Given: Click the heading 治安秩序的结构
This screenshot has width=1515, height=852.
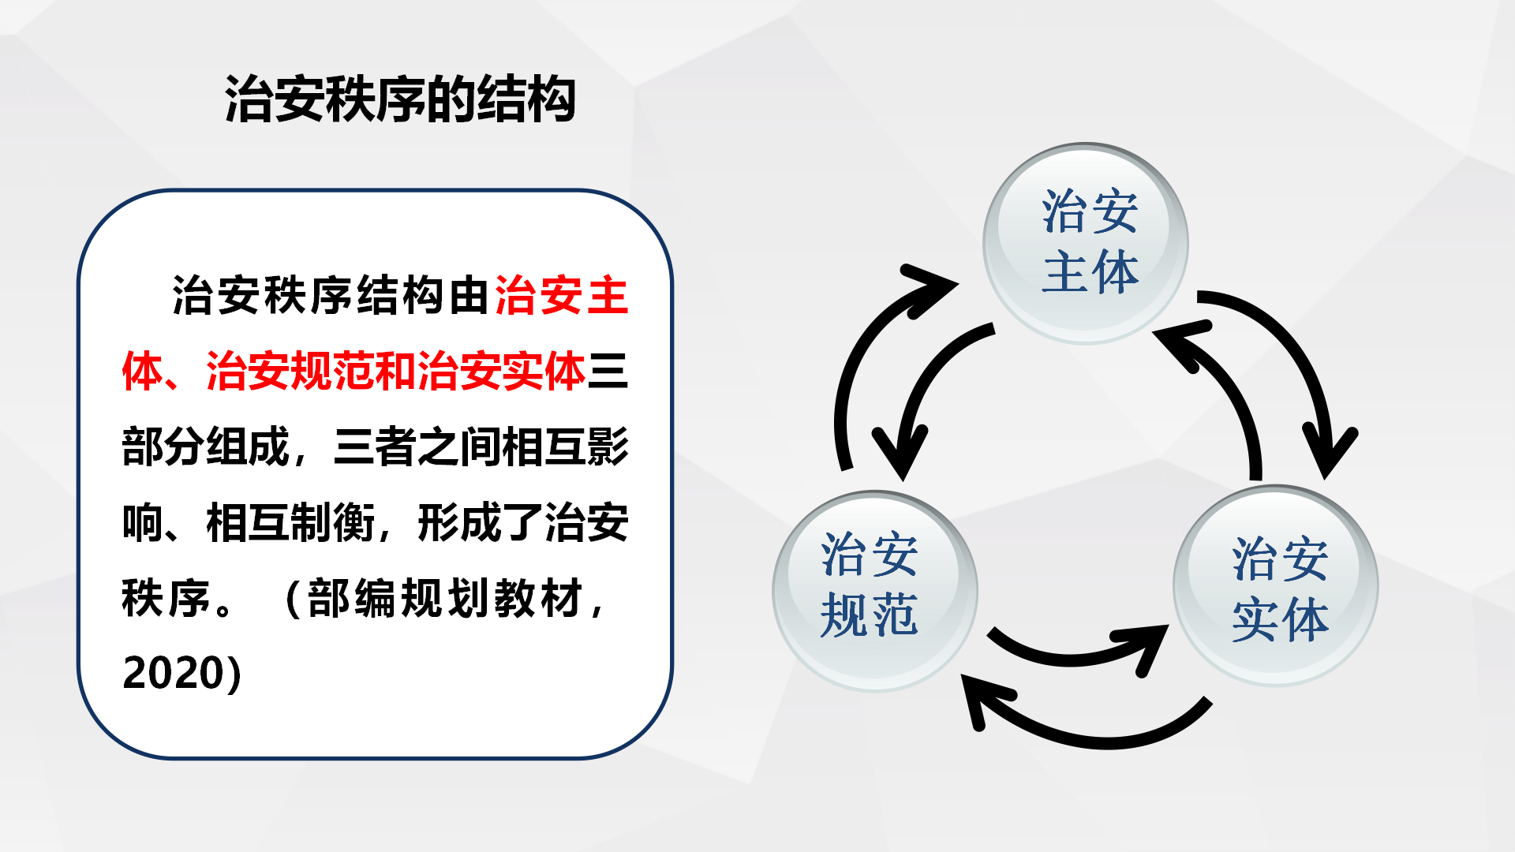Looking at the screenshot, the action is tap(400, 100).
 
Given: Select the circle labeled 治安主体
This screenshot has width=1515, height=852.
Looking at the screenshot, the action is tap(1086, 243).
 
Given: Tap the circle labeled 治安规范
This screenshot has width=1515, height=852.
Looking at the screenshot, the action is tap(874, 591).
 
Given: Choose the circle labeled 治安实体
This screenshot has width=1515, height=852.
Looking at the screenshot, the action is tap(1276, 585).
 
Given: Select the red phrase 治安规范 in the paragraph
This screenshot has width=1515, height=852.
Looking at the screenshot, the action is tap(290, 371).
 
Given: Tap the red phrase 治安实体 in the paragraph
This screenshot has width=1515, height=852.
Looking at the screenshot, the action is tap(501, 371).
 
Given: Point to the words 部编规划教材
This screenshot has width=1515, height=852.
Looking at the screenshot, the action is tap(445, 598).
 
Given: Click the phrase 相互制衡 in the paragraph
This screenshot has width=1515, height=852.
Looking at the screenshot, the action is tap(290, 522).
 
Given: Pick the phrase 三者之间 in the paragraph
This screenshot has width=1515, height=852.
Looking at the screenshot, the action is tap(417, 447).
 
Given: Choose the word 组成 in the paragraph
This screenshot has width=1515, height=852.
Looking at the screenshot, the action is tap(248, 447).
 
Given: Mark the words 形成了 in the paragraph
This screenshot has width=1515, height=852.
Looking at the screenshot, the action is tap(481, 522).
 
